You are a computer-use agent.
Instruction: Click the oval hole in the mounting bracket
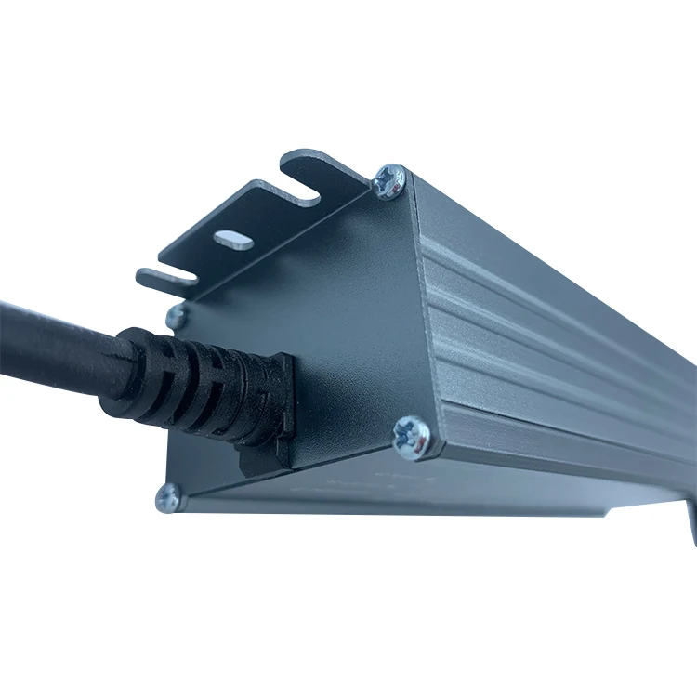[233, 239]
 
